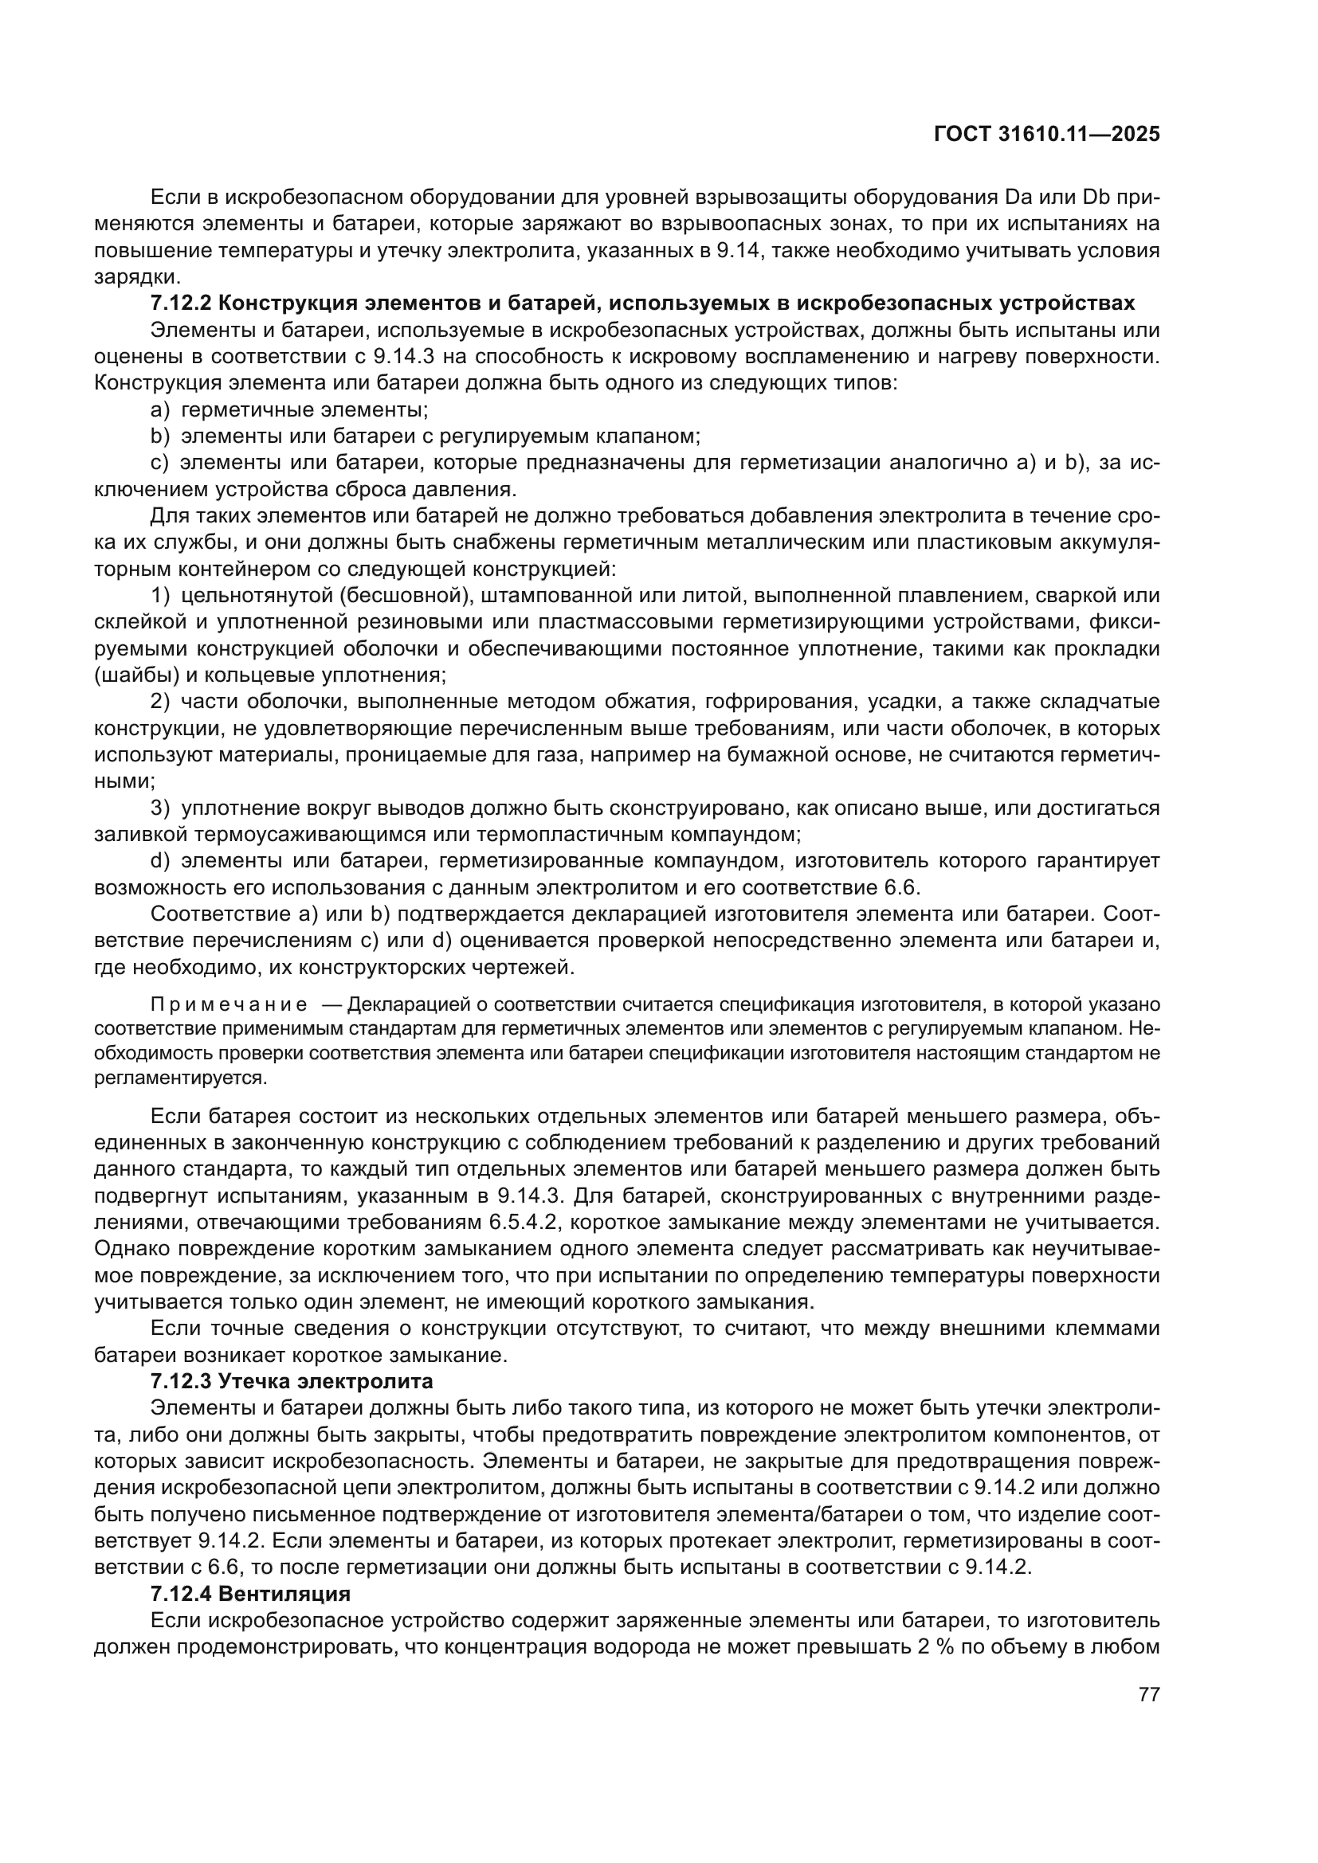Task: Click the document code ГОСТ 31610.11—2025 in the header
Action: coord(1046,134)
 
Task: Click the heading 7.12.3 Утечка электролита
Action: coord(292,1380)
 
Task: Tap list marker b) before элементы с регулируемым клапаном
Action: coord(159,436)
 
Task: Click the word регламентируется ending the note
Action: coord(180,1078)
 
